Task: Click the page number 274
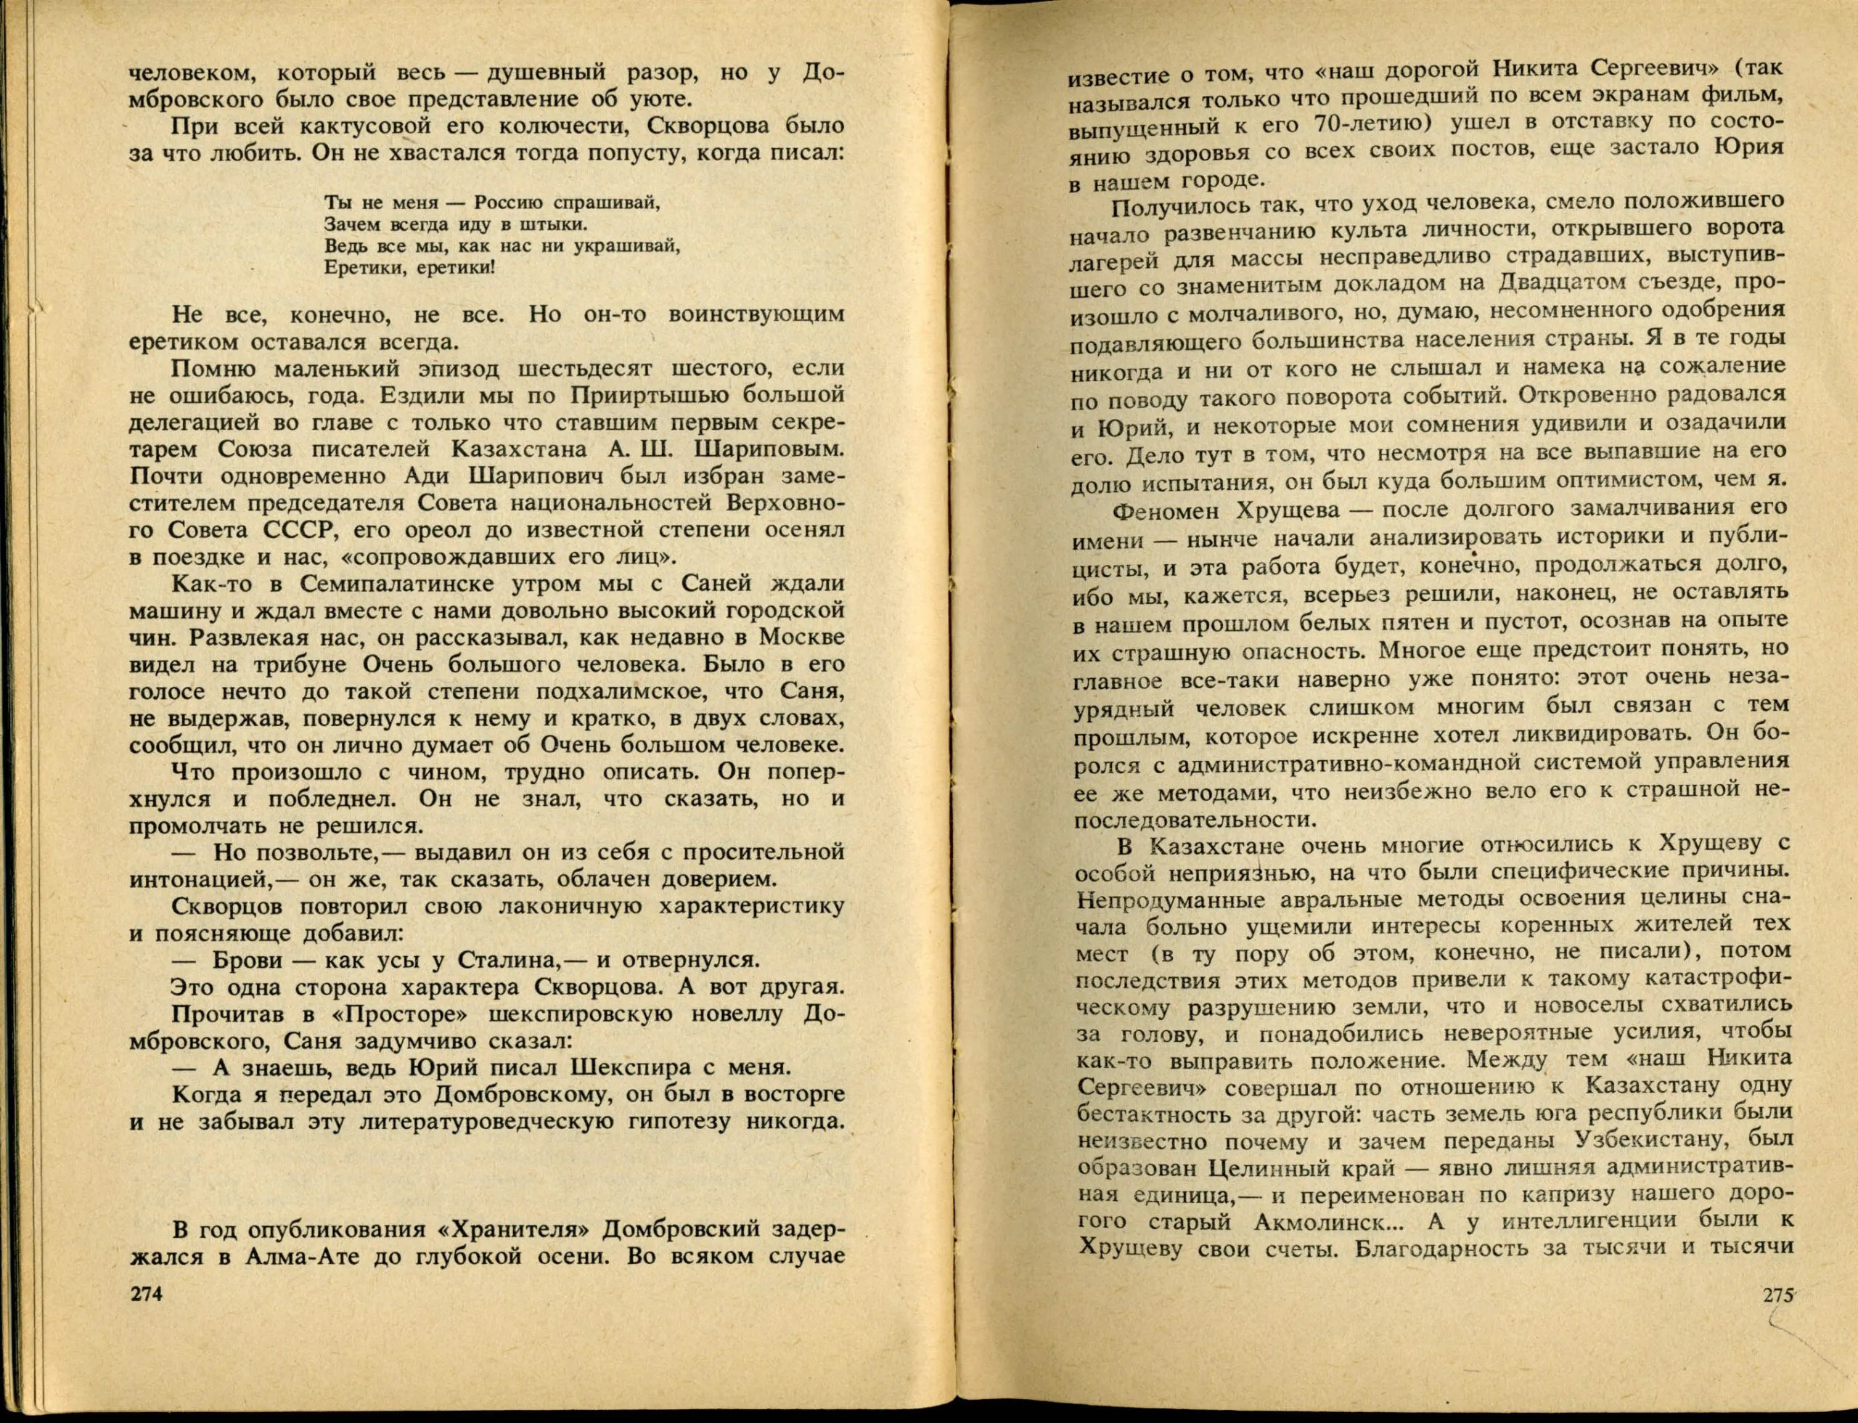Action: pos(146,1318)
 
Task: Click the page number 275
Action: pos(1778,1318)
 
